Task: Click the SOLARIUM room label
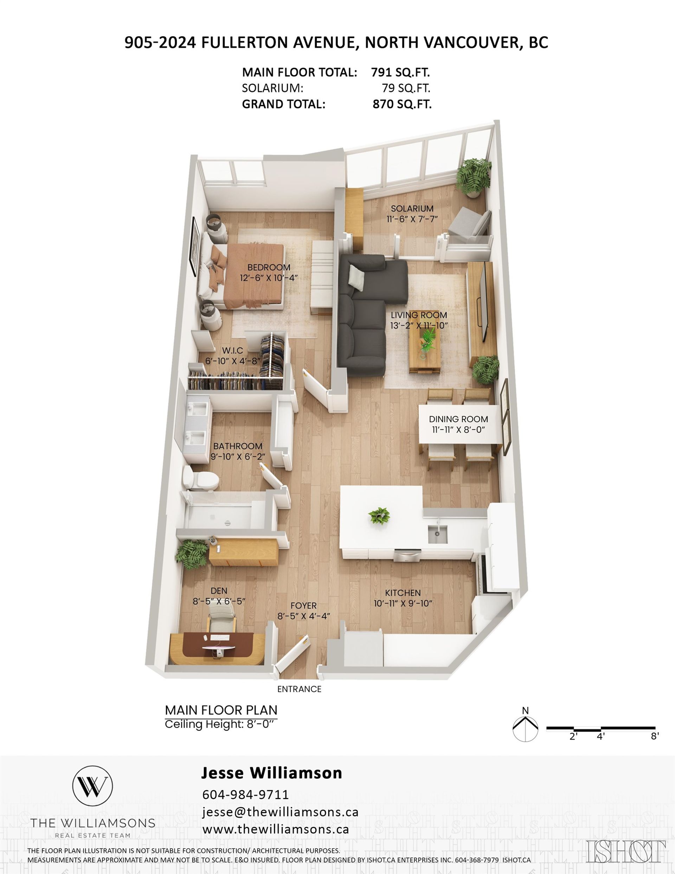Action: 412,209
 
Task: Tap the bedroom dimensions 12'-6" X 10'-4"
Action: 269,278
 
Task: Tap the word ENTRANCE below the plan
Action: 299,689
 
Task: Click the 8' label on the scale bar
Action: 655,735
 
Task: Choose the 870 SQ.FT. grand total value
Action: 402,104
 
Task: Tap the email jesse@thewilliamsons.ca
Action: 281,812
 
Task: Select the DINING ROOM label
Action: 458,419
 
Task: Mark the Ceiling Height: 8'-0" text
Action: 221,724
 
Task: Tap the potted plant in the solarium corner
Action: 474,178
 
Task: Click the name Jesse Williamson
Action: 271,773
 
